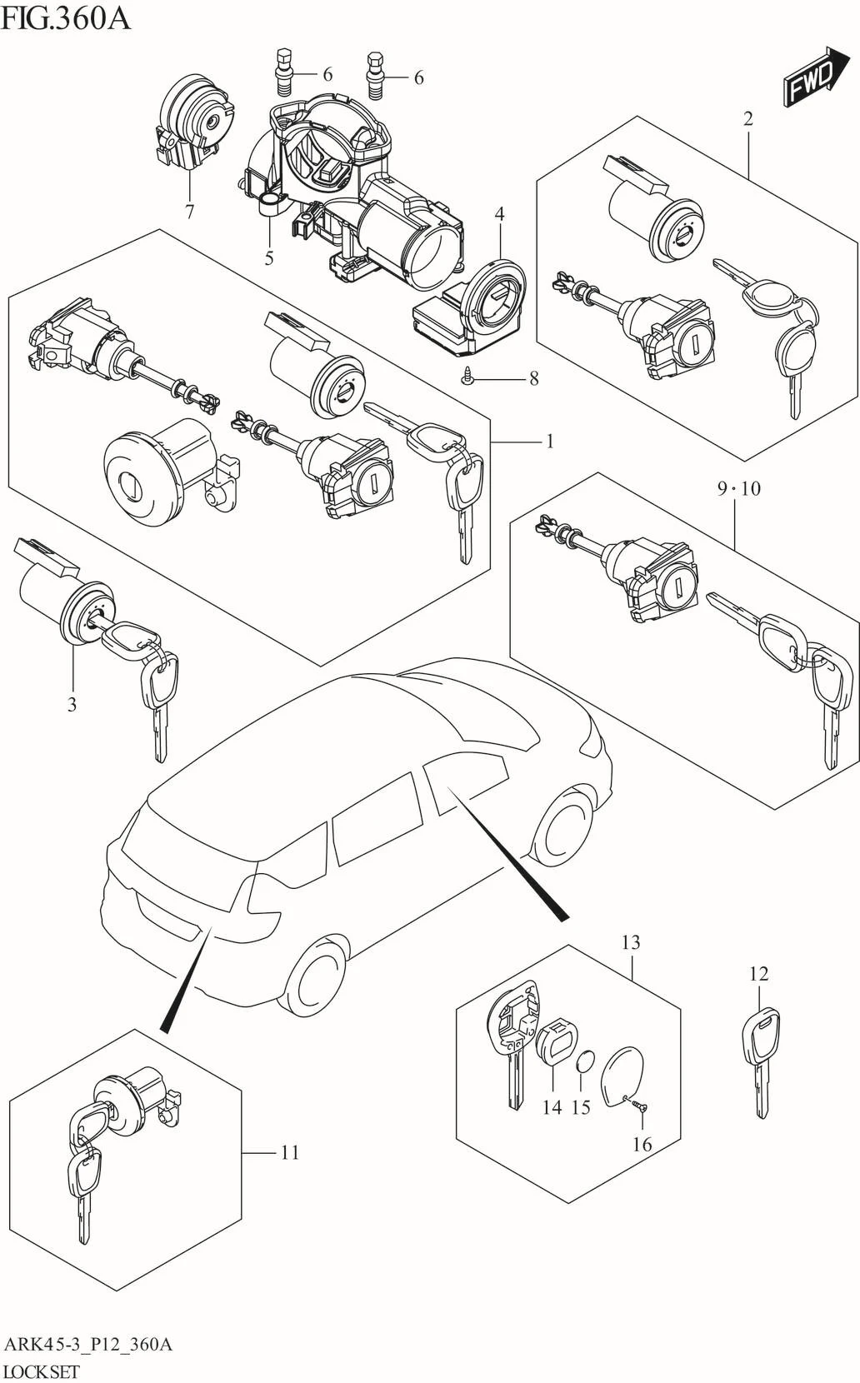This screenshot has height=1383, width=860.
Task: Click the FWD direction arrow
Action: coord(809,77)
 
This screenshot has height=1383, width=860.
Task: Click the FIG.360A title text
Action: coord(66,17)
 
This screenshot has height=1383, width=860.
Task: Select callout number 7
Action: coord(189,212)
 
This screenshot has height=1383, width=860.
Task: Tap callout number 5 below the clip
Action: coord(268,258)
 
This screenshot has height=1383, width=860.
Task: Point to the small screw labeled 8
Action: coord(468,378)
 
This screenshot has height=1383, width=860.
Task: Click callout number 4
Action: coord(499,214)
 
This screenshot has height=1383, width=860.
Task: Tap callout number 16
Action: coord(642,1144)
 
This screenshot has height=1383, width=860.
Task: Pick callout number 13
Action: coord(631,942)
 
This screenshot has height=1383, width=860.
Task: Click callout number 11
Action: coord(289,1152)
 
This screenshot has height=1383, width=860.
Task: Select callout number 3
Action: coord(72,704)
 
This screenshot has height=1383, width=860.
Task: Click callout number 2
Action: coord(747,118)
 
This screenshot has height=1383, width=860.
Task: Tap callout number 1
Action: coord(550,441)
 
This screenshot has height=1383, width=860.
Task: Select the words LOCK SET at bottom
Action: coord(42,1371)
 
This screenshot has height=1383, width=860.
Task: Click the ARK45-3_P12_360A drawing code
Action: coord(87,1344)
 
